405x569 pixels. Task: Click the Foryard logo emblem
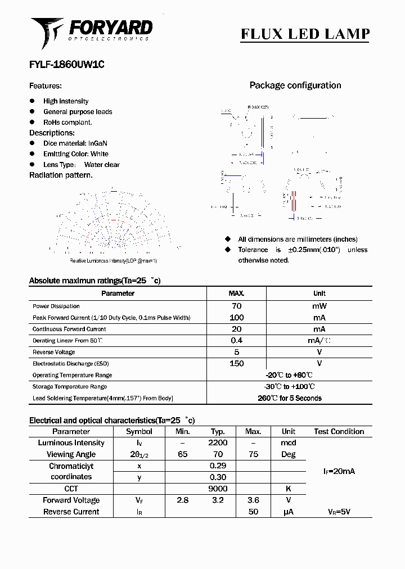click(x=47, y=32)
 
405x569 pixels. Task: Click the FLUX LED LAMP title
click(x=305, y=34)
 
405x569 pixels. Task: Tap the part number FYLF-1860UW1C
click(x=66, y=65)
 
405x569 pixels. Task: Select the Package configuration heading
click(x=295, y=85)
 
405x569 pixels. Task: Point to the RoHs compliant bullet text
click(x=67, y=122)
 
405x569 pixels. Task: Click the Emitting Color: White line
click(x=76, y=153)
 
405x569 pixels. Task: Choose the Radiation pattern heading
click(x=61, y=175)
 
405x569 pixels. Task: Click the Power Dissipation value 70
click(x=236, y=306)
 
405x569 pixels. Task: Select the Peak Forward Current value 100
click(x=236, y=318)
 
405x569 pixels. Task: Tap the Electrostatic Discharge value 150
click(x=236, y=364)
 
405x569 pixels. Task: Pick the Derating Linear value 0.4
click(x=236, y=341)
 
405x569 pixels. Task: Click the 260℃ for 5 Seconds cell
click(x=289, y=398)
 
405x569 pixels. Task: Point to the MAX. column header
click(x=236, y=293)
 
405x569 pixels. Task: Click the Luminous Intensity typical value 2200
click(x=218, y=443)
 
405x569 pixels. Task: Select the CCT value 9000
click(x=218, y=489)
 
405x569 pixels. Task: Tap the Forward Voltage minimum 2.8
click(x=182, y=500)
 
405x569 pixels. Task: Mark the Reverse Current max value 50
click(x=253, y=512)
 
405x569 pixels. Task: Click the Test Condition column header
click(x=339, y=431)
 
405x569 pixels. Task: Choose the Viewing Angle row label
click(x=71, y=454)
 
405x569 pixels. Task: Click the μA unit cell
click(x=289, y=512)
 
